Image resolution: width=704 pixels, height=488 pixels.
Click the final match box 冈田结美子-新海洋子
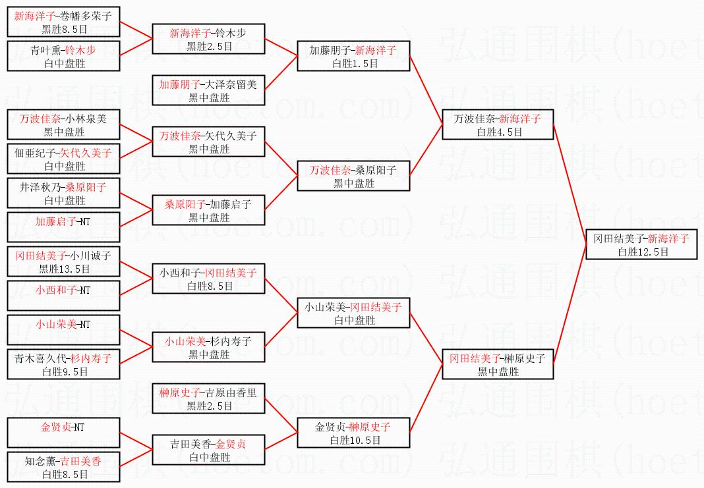coord(641,244)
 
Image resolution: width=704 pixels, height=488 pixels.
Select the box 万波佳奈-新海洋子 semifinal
coord(498,124)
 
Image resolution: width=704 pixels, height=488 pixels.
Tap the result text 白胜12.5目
coord(643,252)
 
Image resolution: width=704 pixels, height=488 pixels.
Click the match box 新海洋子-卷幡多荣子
coord(63,22)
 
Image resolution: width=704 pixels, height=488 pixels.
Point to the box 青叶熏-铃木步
coord(63,56)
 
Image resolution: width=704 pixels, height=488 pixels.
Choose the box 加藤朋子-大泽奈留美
coord(208,90)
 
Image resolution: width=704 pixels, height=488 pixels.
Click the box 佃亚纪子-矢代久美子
coord(63,159)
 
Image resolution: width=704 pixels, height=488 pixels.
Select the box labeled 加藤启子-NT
coord(63,227)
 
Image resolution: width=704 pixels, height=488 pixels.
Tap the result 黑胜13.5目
coord(65,269)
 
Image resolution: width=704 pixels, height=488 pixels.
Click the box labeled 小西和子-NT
coord(63,296)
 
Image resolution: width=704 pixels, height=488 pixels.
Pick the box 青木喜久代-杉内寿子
coord(63,364)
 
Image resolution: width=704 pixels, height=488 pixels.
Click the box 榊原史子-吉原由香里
coord(208,398)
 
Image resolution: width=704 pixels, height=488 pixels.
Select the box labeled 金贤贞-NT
coord(63,433)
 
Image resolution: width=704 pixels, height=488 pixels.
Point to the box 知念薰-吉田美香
coord(63,467)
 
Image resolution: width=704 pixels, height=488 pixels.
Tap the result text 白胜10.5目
coord(355,441)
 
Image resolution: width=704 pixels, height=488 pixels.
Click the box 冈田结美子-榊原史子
coord(498,364)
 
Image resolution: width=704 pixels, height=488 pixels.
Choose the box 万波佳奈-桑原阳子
coord(353,176)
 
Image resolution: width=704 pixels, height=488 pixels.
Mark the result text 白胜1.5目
coord(355,64)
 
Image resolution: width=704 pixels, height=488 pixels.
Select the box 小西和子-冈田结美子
coord(208,279)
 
